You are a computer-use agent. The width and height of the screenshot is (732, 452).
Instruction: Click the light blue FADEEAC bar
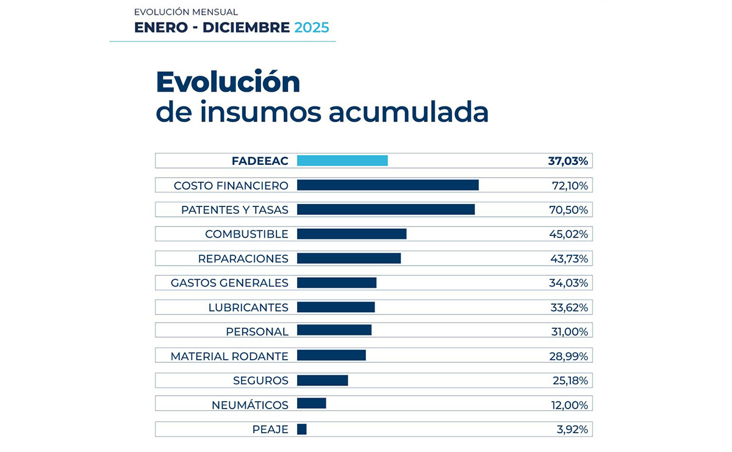(x=342, y=161)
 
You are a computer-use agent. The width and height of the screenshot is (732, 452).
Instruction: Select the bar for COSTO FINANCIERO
(x=387, y=185)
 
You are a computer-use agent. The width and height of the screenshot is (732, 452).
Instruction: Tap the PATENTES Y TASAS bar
(x=386, y=210)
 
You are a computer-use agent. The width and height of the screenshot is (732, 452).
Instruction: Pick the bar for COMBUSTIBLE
(x=351, y=234)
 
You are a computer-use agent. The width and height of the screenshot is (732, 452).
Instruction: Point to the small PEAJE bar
(x=302, y=429)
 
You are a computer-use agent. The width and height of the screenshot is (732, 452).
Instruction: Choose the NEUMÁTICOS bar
(x=312, y=403)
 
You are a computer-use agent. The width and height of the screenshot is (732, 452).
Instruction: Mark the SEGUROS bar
(x=323, y=381)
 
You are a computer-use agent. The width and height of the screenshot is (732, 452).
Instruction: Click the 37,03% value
(x=568, y=161)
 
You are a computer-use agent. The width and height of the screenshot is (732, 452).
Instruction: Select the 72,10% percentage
(x=569, y=186)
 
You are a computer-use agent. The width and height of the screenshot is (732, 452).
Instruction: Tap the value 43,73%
(x=569, y=259)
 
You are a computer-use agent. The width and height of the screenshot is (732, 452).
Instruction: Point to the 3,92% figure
(x=572, y=430)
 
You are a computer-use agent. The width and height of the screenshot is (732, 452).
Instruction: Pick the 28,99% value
(x=569, y=356)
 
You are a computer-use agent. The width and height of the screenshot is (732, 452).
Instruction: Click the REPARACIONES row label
(x=243, y=259)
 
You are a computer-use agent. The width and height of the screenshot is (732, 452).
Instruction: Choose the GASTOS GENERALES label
(x=229, y=283)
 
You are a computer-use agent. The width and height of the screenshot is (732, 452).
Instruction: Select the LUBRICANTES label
(x=248, y=308)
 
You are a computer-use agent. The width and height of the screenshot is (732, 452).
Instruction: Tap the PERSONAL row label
(x=257, y=332)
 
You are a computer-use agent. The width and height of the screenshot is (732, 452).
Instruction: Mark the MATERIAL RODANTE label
(x=229, y=356)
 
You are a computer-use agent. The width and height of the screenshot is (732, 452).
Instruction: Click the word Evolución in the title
(x=228, y=82)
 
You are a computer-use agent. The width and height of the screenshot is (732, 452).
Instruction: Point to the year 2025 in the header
(x=311, y=27)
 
